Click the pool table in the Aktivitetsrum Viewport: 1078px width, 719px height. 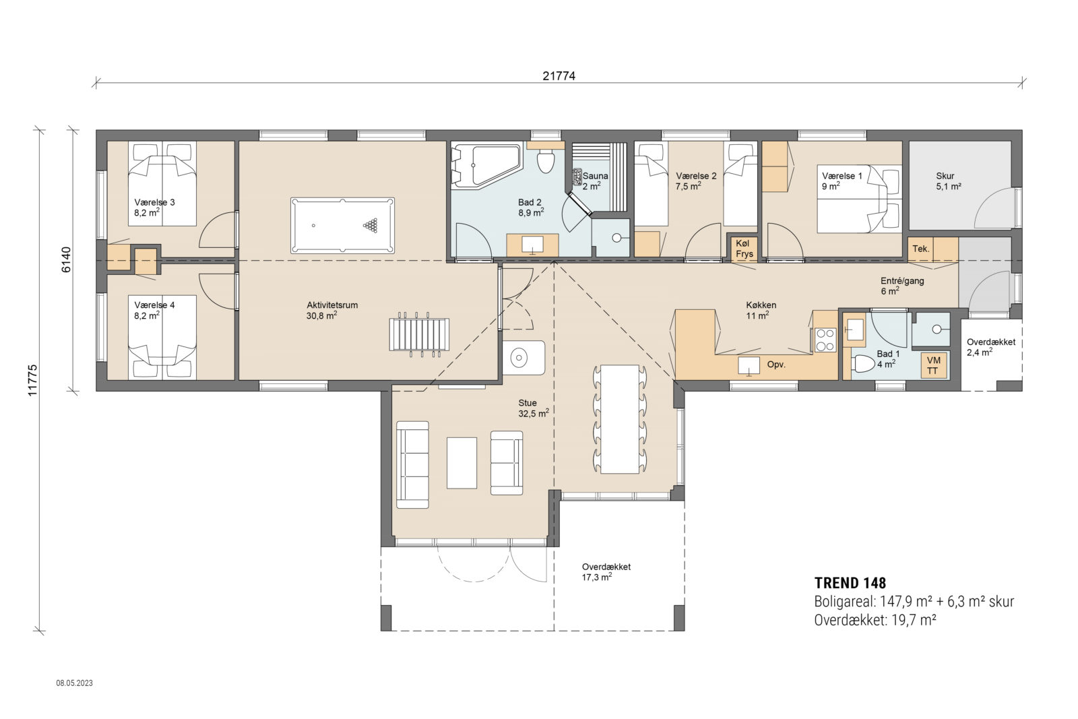342,226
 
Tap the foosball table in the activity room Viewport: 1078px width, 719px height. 418,334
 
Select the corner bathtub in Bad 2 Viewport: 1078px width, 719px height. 484,165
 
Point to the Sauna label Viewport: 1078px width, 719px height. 595,176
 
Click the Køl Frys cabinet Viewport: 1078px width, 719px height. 744,249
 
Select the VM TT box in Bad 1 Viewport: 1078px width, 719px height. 933,366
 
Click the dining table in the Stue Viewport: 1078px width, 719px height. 620,418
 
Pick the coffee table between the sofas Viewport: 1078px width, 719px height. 462,462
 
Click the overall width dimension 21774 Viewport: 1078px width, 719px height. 559,76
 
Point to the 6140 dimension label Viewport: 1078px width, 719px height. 66,259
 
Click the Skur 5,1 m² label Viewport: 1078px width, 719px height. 947,181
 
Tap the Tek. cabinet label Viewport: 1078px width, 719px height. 921,249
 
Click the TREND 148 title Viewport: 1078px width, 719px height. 850,583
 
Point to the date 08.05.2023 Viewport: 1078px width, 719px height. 74,683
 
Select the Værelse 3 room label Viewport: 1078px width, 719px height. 154,202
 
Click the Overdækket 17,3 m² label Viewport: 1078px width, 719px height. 606,572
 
